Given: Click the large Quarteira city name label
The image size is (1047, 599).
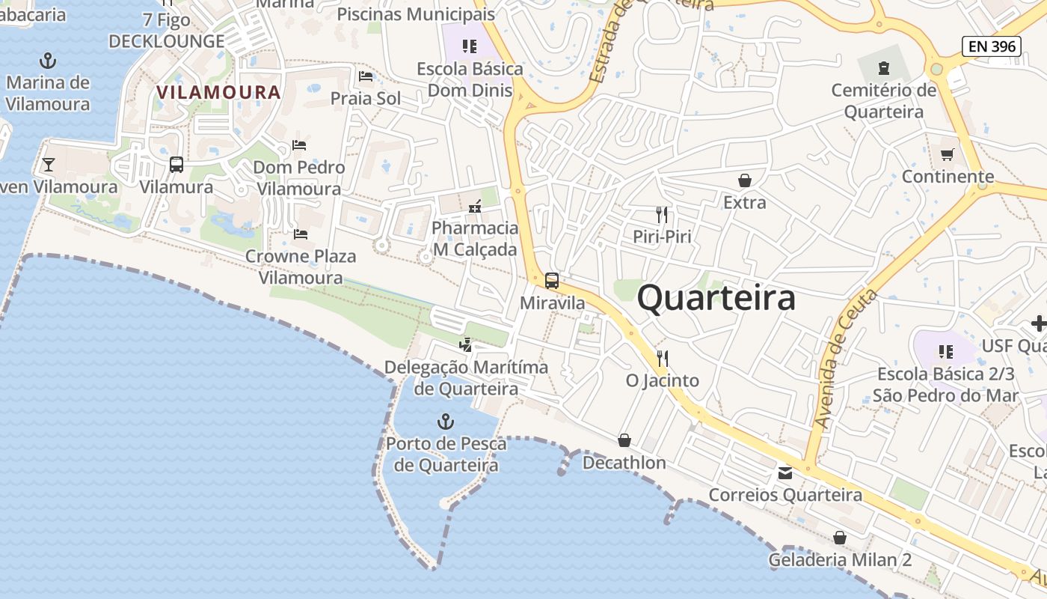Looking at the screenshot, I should click(716, 298).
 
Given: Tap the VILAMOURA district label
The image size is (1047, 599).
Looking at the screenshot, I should click(218, 92).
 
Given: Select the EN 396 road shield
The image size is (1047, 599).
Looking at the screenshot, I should click(992, 46).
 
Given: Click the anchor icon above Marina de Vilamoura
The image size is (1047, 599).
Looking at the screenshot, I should click(48, 60).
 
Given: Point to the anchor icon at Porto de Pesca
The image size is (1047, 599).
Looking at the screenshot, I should click(446, 422).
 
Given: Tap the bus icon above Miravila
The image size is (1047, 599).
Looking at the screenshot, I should click(552, 281).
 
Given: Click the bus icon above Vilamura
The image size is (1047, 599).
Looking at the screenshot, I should click(176, 164).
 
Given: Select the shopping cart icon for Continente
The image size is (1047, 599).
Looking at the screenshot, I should click(948, 154).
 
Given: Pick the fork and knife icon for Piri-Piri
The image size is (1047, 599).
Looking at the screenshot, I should click(662, 215).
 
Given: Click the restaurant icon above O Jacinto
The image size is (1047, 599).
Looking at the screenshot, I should click(662, 358).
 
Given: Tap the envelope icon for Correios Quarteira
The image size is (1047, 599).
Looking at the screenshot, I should click(785, 473).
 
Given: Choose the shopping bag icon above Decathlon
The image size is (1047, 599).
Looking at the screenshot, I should click(624, 440).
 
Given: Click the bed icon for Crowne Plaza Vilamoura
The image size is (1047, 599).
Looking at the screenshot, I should click(301, 234).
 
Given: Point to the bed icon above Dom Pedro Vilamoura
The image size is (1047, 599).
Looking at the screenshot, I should click(299, 145).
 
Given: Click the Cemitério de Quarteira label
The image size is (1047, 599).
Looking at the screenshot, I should click(884, 101).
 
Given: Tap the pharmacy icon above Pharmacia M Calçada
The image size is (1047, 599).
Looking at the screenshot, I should click(474, 206).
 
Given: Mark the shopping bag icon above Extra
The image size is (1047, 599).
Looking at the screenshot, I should click(745, 180).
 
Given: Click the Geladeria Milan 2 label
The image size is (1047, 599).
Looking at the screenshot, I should click(840, 560).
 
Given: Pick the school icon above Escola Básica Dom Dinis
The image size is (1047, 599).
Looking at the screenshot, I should click(470, 46).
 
